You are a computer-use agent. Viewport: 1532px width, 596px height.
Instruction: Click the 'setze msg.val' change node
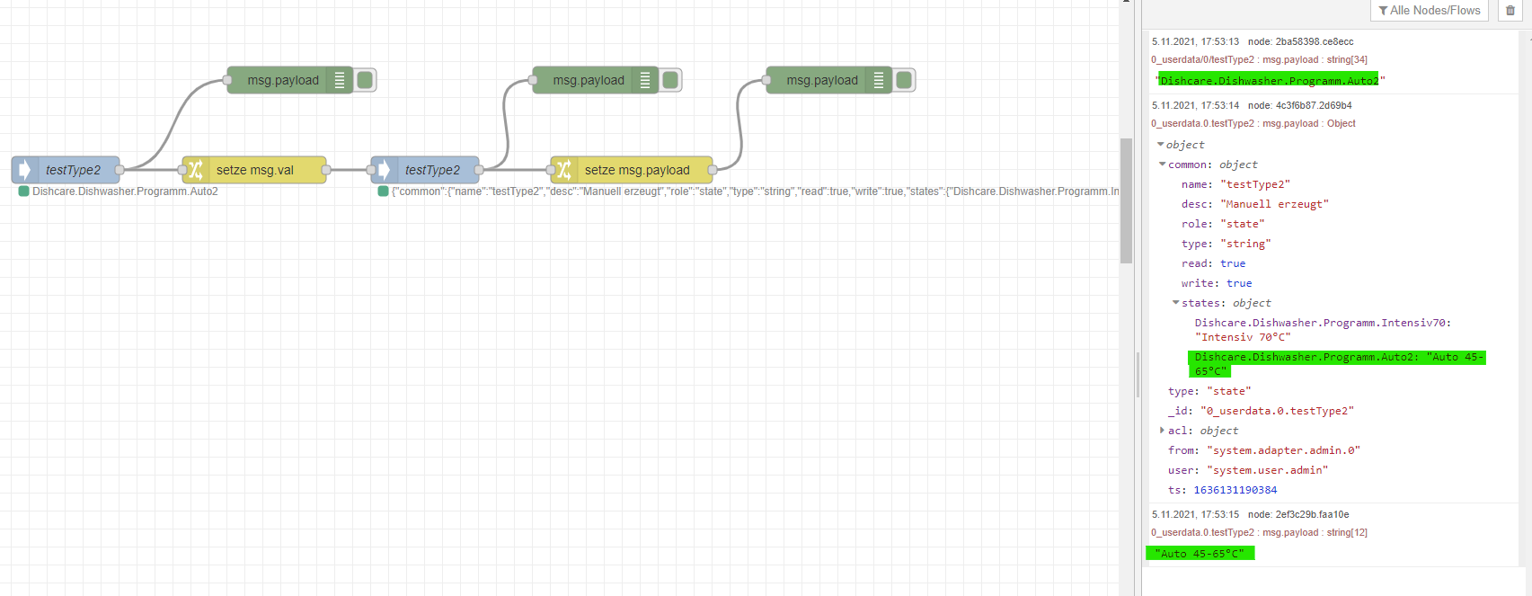[254, 170]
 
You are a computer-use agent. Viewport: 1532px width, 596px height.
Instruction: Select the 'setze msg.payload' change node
[636, 170]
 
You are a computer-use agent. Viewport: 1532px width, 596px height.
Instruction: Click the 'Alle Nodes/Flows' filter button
[1429, 11]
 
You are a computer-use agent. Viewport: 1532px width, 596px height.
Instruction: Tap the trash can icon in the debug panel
[1510, 11]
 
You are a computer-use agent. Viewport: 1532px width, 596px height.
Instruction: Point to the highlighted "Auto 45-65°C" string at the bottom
[1200, 554]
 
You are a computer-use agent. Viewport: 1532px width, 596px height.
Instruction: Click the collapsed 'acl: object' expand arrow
[1162, 431]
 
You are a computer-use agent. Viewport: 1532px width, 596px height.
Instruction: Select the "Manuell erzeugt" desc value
[1274, 204]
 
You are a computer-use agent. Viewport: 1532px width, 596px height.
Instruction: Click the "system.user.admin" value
[1267, 470]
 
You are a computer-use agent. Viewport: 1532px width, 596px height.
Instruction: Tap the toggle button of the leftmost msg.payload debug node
[365, 80]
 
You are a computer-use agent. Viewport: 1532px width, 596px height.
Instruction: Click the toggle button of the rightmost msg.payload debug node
[904, 80]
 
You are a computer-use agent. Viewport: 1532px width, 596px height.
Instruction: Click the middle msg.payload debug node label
[589, 80]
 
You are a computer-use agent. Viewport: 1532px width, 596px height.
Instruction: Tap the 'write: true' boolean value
[1239, 283]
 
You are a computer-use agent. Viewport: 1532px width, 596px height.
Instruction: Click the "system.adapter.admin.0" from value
[1283, 450]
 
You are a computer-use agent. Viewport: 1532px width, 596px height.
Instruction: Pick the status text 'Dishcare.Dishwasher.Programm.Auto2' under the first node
[125, 191]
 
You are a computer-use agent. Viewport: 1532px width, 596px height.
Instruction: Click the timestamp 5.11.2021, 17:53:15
[1195, 514]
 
